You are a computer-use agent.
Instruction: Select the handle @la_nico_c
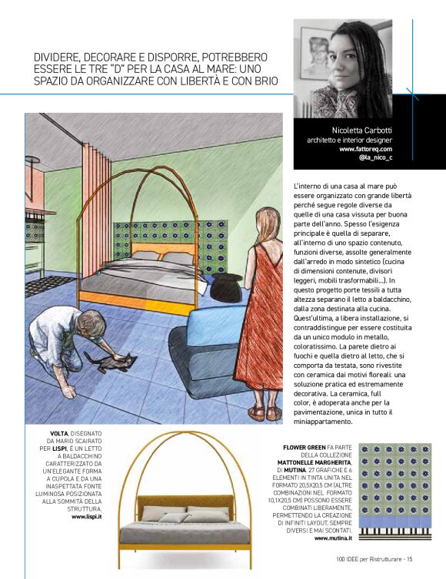click(375, 158)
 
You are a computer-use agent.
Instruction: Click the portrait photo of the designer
click(343, 68)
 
